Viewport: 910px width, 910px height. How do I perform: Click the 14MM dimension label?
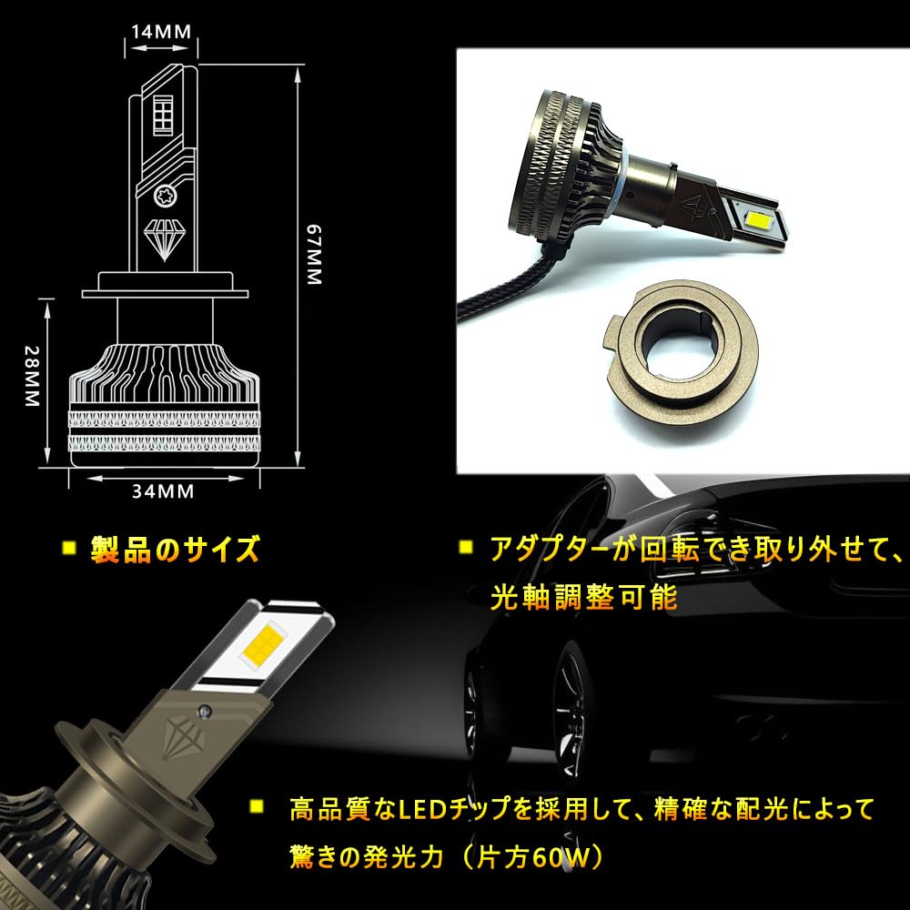(x=161, y=31)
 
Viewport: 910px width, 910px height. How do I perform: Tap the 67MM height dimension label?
(x=313, y=255)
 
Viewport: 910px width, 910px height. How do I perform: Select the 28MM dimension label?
(x=31, y=376)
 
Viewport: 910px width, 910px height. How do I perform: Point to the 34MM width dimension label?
(x=163, y=491)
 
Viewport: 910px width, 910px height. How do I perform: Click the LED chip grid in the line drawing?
(x=163, y=114)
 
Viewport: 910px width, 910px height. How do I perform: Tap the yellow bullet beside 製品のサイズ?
(x=70, y=548)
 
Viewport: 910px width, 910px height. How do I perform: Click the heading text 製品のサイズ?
(x=175, y=549)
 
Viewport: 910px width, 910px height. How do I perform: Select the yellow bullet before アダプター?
(x=465, y=547)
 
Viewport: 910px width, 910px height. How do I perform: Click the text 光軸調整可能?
(x=584, y=597)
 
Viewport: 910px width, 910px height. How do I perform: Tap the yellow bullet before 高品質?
(x=256, y=806)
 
